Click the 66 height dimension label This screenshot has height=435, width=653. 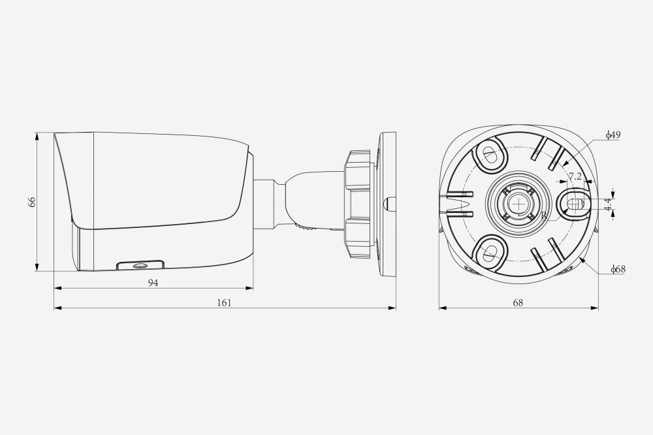pos(32,202)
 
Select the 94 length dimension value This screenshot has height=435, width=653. pos(153,283)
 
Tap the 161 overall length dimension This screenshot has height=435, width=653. pos(224,302)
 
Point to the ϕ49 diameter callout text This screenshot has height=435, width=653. pos(613,135)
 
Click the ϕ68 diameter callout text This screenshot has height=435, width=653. pos(618,268)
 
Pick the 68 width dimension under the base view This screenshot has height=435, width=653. pos(518,302)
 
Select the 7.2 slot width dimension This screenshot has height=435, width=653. pos(575,176)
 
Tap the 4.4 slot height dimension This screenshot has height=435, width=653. pos(609,204)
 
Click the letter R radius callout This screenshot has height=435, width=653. pos(544,216)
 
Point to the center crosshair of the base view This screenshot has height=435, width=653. pos(518,204)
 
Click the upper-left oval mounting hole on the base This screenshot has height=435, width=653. pos(490,155)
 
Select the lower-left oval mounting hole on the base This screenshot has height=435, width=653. pos(490,252)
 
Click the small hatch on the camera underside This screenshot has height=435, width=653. pos(140,265)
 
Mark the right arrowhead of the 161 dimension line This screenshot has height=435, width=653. pos(392,308)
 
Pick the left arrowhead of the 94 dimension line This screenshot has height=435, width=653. pos(58,288)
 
